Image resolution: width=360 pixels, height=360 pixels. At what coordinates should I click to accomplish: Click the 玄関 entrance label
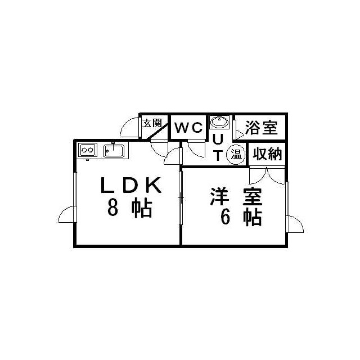[152, 123]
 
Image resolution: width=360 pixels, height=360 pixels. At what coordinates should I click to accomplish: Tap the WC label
[189, 128]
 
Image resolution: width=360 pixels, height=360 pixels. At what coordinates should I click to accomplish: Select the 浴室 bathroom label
[261, 128]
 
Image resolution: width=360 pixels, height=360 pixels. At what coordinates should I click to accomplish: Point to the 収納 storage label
[267, 154]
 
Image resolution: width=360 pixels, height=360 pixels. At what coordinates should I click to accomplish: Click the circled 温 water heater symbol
[236, 155]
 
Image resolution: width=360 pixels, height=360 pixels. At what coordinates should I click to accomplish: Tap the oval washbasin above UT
[219, 122]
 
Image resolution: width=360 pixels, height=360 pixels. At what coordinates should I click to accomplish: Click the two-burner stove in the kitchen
[88, 150]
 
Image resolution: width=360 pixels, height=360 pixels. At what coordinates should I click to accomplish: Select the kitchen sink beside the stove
[114, 151]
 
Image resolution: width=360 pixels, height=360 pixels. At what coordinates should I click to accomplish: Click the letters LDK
[130, 185]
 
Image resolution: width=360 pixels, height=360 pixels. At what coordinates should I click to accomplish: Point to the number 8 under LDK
[112, 207]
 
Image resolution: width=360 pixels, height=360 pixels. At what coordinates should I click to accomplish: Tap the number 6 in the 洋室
[225, 217]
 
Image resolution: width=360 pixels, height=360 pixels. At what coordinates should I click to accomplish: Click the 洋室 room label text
[236, 196]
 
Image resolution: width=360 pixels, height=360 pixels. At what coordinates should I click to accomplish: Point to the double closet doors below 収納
[267, 175]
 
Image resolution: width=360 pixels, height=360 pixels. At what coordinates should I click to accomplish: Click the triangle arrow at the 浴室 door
[240, 134]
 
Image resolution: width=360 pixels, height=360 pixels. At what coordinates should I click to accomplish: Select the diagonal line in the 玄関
[157, 130]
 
